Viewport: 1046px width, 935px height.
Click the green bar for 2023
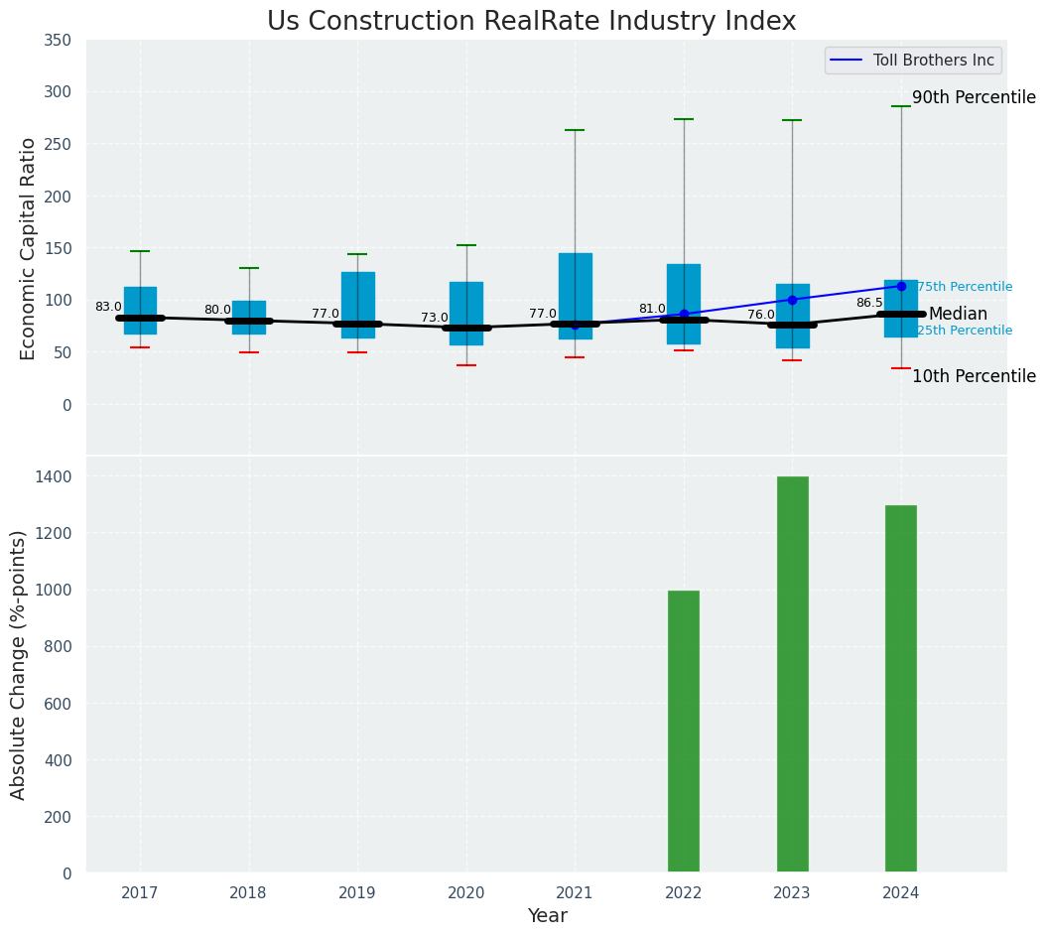[792, 675]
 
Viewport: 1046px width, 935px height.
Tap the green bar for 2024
[901, 689]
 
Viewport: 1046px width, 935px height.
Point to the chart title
[531, 22]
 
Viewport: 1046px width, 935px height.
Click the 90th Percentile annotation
[974, 97]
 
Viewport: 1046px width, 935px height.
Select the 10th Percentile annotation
[974, 376]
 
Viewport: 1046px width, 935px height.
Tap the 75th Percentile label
[964, 287]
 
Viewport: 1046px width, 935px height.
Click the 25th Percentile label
[964, 331]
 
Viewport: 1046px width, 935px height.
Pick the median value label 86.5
[869, 303]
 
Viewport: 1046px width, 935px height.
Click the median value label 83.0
[108, 307]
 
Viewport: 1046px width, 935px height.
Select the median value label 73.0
[435, 318]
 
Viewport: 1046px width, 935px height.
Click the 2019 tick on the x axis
[357, 893]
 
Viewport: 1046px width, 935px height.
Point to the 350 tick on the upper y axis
[57, 40]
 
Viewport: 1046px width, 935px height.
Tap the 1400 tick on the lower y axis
[52, 476]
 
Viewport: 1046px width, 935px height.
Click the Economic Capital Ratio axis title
[28, 248]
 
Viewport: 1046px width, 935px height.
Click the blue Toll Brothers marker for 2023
[792, 300]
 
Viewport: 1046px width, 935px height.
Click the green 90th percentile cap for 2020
[466, 245]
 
